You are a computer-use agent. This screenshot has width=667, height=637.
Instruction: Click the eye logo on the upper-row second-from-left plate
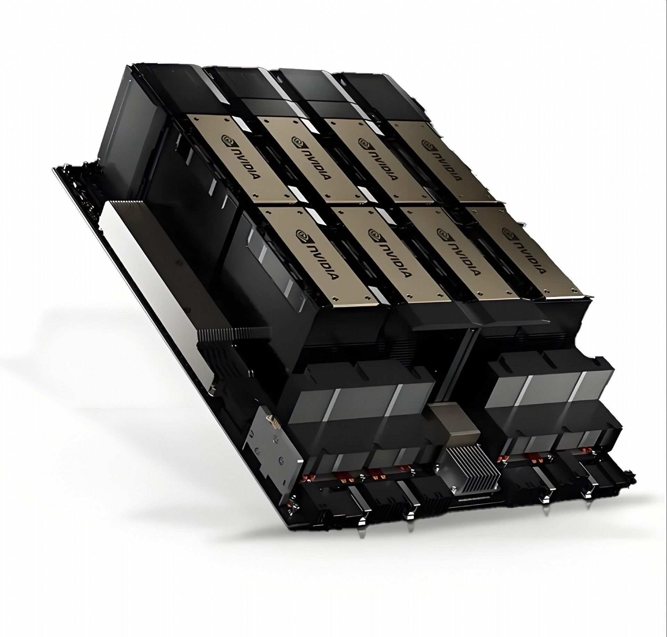click(297, 141)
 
